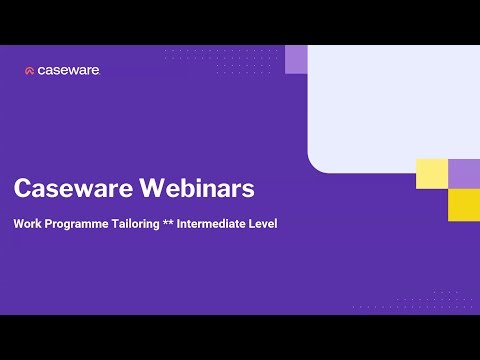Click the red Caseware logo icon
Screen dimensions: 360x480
point(30,71)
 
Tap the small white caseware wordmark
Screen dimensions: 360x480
point(69,71)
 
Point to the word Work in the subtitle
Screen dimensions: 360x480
point(27,223)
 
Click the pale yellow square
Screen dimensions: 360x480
point(431,173)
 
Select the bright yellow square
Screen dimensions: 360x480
point(463,204)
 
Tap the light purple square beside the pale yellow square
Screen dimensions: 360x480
point(463,173)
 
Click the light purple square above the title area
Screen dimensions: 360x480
point(296,59)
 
